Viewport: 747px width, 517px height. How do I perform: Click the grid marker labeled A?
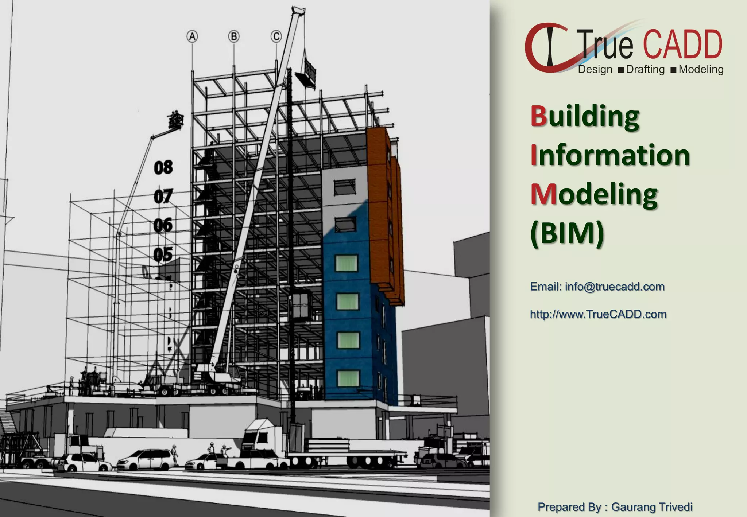[x=192, y=36]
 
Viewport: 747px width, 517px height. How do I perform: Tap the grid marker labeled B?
[x=234, y=36]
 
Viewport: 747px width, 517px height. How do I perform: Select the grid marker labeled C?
[x=276, y=36]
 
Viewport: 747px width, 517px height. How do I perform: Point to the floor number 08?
[x=163, y=167]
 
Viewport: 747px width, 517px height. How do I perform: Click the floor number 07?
[x=163, y=197]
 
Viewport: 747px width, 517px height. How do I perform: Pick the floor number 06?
[x=163, y=225]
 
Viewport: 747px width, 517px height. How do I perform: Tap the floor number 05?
[x=163, y=254]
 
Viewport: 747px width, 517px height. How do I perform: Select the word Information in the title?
[x=610, y=155]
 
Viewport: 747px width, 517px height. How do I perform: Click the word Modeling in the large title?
[x=594, y=194]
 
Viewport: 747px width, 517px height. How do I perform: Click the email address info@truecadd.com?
[x=615, y=287]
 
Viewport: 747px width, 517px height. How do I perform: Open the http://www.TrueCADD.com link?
[x=598, y=314]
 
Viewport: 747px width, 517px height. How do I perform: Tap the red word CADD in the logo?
[x=682, y=45]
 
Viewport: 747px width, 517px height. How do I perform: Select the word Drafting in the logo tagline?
[x=645, y=69]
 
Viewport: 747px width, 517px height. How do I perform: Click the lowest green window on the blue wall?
[x=348, y=378]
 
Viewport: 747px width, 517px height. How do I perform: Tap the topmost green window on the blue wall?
[x=346, y=263]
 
